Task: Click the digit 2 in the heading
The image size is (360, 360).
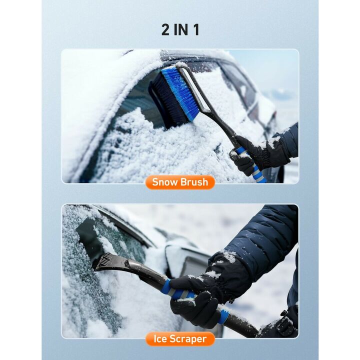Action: [x=166, y=29]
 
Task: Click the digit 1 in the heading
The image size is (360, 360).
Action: [x=195, y=29]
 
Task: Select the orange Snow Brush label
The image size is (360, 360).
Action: [x=180, y=182]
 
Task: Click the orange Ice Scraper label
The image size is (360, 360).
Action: [x=180, y=339]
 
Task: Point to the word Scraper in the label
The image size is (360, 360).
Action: [x=188, y=339]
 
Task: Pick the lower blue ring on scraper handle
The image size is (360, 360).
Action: [x=223, y=316]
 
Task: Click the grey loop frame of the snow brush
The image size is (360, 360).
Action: [x=192, y=87]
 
